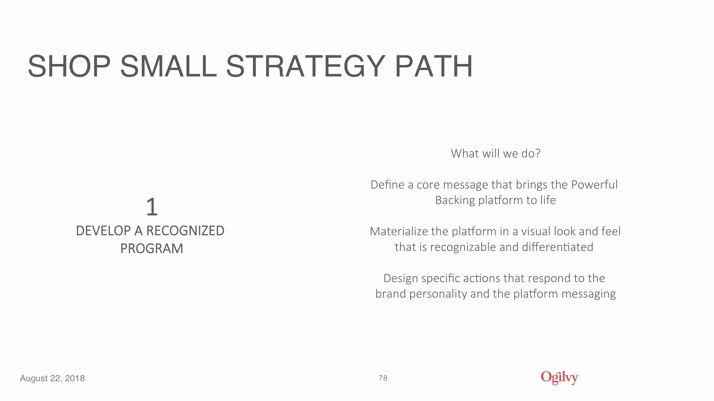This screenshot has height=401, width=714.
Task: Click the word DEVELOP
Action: (103, 231)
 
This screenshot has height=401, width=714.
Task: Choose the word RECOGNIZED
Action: (185, 231)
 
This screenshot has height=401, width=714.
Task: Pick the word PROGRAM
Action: (152, 248)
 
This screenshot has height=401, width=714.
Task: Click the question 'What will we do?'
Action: (496, 153)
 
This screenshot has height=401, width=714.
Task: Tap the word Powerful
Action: (595, 185)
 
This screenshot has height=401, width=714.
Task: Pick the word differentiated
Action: (557, 247)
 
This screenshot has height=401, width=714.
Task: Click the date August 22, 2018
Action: (52, 378)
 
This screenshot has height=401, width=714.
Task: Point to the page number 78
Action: (383, 378)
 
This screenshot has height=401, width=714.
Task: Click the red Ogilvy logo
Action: (559, 378)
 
